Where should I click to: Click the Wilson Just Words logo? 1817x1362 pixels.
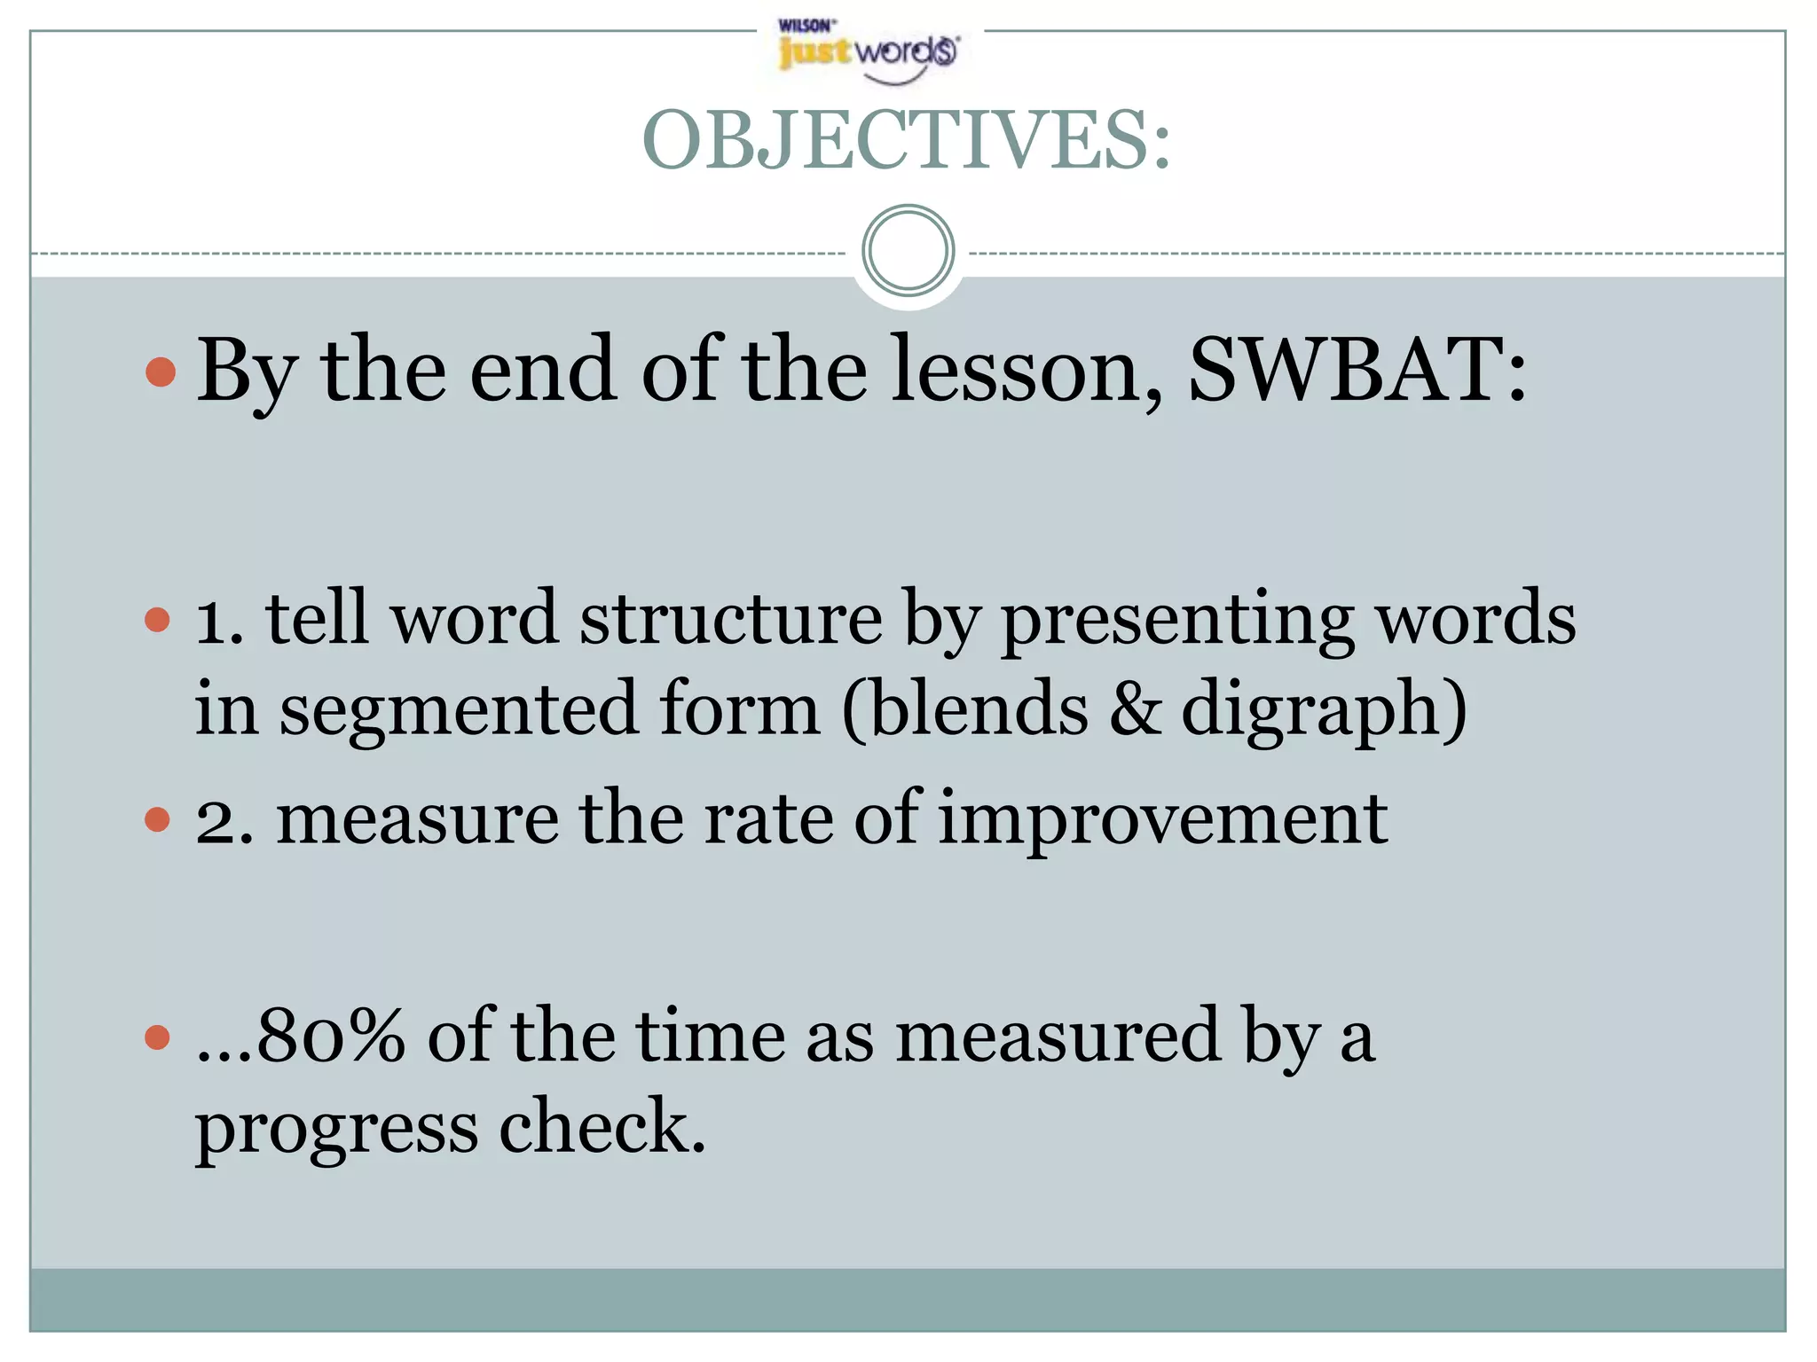(x=868, y=51)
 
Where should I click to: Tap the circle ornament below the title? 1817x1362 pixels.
(x=908, y=250)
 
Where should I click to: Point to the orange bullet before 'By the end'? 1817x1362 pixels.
(x=161, y=372)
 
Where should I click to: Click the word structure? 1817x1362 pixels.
(x=731, y=618)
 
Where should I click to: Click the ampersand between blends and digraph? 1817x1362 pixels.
(x=1135, y=708)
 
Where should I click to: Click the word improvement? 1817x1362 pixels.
(x=1163, y=819)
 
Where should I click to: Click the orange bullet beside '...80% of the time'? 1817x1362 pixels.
(x=157, y=1037)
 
